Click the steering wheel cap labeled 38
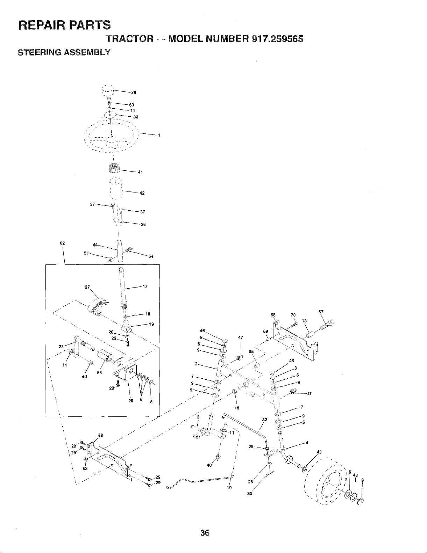click(x=107, y=90)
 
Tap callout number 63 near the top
click(x=131, y=105)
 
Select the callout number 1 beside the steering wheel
click(x=159, y=135)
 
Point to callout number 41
click(x=140, y=172)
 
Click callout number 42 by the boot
click(x=142, y=193)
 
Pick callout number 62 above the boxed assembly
click(x=62, y=243)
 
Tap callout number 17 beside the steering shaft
click(x=145, y=287)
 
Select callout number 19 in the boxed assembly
click(x=151, y=325)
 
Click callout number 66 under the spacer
click(x=99, y=373)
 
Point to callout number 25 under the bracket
click(x=131, y=401)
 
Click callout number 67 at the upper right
click(x=321, y=312)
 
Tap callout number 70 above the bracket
click(x=293, y=315)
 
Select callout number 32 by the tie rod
click(x=265, y=420)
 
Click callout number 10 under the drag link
click(x=229, y=488)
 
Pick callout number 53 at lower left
click(x=85, y=469)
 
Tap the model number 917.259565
click(x=277, y=39)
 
